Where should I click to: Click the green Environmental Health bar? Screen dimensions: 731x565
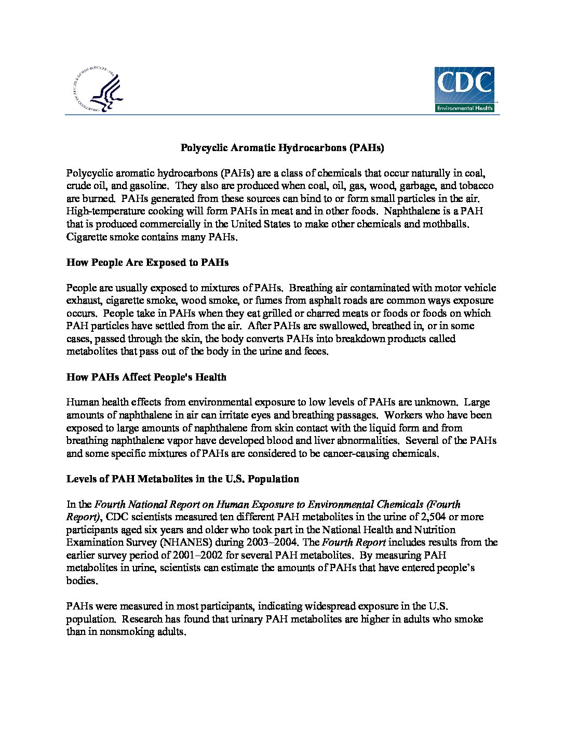(464, 108)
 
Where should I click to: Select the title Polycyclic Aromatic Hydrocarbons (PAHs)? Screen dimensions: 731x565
(282, 148)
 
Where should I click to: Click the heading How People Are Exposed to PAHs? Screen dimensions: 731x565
(147, 262)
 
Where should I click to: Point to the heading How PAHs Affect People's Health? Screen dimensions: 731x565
(146, 377)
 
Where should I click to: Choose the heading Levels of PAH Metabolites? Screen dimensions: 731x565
(183, 479)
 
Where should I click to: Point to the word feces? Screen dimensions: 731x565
(314, 351)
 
